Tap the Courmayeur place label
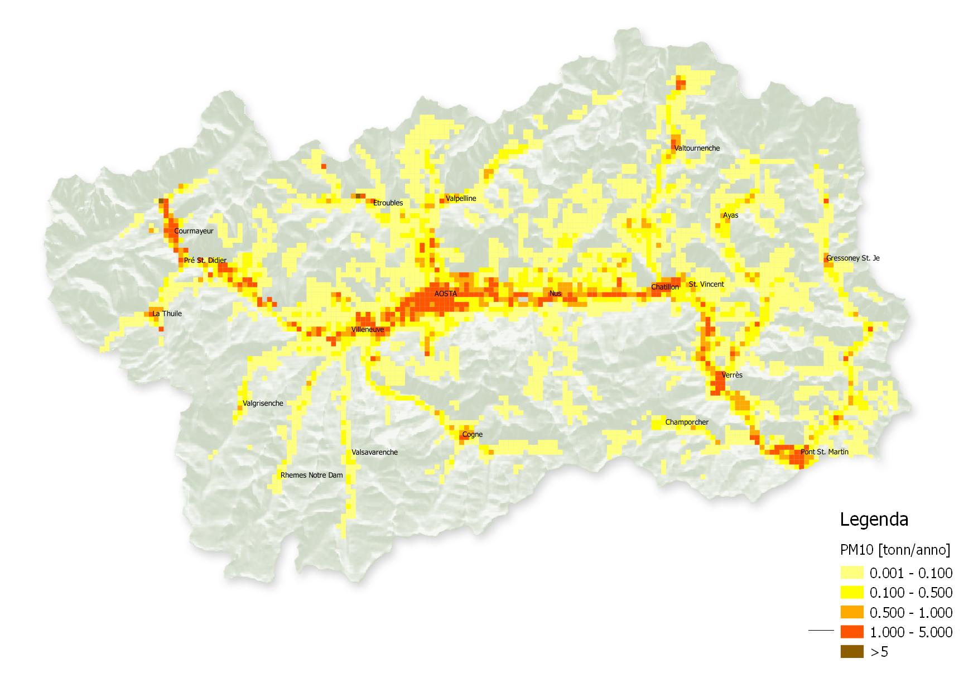point(194,231)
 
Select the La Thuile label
point(167,314)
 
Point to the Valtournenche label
point(697,148)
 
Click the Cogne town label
point(472,435)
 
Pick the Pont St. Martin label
point(824,452)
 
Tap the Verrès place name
point(732,376)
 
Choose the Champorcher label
point(687,422)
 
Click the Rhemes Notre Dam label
point(311,475)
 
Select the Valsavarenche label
point(374,453)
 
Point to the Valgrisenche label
point(263,403)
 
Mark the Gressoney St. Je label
point(852,258)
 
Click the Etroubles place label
point(388,203)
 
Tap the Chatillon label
point(665,287)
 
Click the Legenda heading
point(874,520)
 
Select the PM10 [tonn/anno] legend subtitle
point(895,550)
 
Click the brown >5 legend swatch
point(851,652)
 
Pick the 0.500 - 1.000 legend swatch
point(851,612)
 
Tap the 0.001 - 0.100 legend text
point(911,573)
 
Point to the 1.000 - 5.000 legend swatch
point(851,632)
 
